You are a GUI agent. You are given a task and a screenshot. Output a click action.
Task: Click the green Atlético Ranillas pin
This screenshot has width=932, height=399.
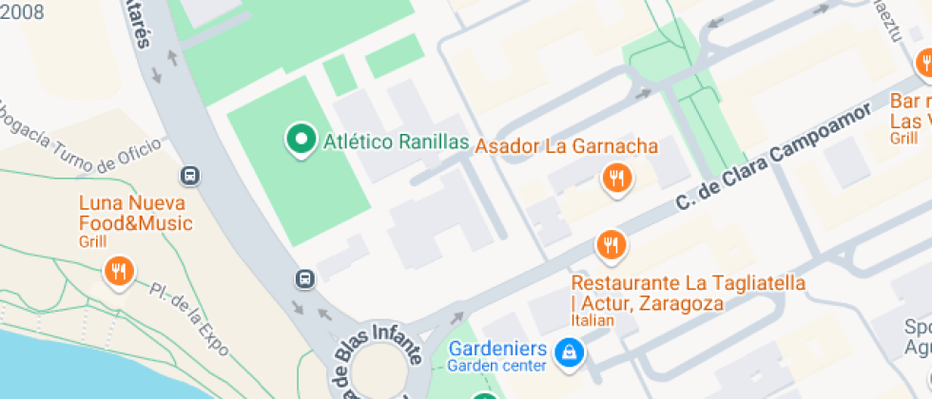[x=301, y=140]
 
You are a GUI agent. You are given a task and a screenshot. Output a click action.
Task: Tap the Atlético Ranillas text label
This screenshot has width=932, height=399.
[x=397, y=142]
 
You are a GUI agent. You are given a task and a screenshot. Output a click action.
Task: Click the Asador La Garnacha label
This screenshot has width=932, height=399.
[x=567, y=146]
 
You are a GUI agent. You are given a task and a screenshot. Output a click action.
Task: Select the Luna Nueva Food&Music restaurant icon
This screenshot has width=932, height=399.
[x=118, y=272]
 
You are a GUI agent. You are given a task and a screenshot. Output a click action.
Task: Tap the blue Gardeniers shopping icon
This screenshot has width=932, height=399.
[x=569, y=352]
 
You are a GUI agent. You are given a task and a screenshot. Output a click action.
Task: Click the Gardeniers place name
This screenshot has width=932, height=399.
[x=497, y=348]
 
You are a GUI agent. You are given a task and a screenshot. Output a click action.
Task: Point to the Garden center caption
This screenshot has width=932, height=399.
[x=497, y=366]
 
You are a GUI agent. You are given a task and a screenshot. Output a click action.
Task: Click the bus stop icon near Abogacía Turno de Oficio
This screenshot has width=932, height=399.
[x=190, y=176]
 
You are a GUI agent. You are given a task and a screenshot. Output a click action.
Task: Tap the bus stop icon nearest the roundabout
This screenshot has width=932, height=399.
[x=304, y=278]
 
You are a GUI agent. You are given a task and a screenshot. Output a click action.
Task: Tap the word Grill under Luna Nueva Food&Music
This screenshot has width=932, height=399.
[x=93, y=242]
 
